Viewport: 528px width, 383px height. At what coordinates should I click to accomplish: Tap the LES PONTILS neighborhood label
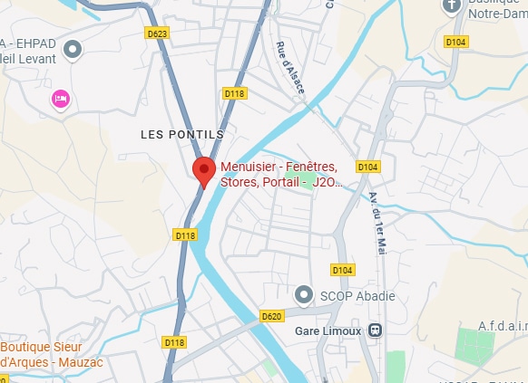tap(181, 134)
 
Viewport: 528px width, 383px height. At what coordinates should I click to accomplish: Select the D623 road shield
tap(157, 34)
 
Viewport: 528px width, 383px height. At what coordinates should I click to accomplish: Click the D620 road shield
tap(271, 316)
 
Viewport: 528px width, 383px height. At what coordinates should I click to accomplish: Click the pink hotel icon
tap(61, 98)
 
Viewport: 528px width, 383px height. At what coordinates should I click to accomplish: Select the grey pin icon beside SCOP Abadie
tap(304, 295)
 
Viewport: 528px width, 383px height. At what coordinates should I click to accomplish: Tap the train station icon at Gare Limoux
tap(375, 330)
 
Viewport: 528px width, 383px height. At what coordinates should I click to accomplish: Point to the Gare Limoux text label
tap(328, 330)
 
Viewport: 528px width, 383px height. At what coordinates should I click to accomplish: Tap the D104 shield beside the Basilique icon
tap(455, 42)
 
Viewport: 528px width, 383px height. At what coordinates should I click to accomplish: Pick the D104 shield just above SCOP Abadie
tap(342, 270)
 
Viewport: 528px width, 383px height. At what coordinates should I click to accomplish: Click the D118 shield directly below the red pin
tap(185, 235)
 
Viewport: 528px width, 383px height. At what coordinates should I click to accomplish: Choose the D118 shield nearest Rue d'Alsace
tap(234, 93)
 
